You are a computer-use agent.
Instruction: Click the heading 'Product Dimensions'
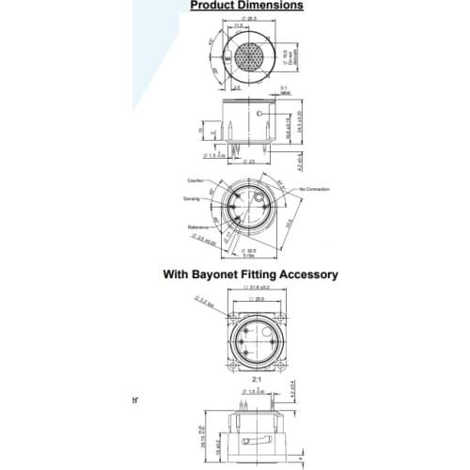(246, 6)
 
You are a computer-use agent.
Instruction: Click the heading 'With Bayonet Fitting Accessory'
(250, 274)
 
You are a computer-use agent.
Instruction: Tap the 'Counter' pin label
(196, 180)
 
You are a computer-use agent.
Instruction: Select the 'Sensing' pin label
(193, 198)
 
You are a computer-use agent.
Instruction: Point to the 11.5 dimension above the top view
(239, 26)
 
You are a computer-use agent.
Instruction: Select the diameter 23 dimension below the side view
(249, 161)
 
